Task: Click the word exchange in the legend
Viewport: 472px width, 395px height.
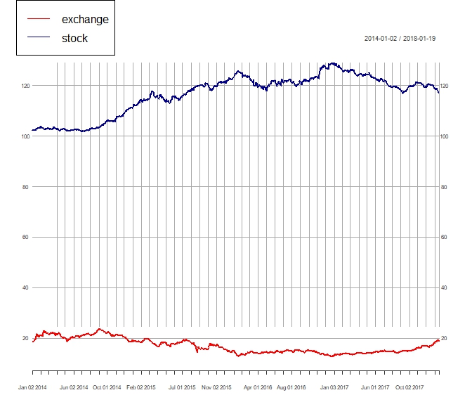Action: pos(85,19)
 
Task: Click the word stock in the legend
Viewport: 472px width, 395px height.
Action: pos(74,38)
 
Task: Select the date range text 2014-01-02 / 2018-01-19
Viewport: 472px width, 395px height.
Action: pos(400,38)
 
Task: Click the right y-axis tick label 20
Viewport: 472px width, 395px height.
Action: pos(444,339)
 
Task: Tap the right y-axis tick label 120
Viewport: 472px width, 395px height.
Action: pos(445,86)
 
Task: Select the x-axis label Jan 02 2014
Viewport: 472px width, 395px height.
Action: pos(33,387)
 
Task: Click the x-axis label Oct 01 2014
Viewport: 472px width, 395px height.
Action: pos(107,387)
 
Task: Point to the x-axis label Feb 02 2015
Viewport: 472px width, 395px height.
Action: pos(141,387)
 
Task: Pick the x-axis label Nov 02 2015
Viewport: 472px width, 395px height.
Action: pos(216,387)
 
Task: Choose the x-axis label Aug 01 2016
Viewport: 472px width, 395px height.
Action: pos(291,387)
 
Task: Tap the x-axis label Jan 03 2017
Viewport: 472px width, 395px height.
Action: pos(334,387)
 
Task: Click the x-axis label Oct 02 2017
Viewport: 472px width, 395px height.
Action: pos(409,387)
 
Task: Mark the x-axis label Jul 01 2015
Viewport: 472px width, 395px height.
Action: pos(182,387)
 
